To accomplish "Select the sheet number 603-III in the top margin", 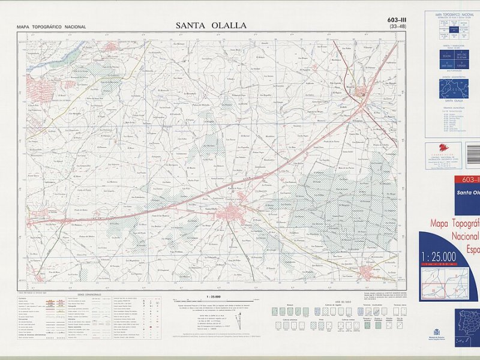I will coord(397,20).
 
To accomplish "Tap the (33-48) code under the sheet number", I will coord(397,27).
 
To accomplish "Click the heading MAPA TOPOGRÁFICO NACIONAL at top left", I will coord(52,27).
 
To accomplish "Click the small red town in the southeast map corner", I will coord(367,273).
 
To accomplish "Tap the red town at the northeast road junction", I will coord(362,93).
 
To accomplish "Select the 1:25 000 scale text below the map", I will coord(213,297).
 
